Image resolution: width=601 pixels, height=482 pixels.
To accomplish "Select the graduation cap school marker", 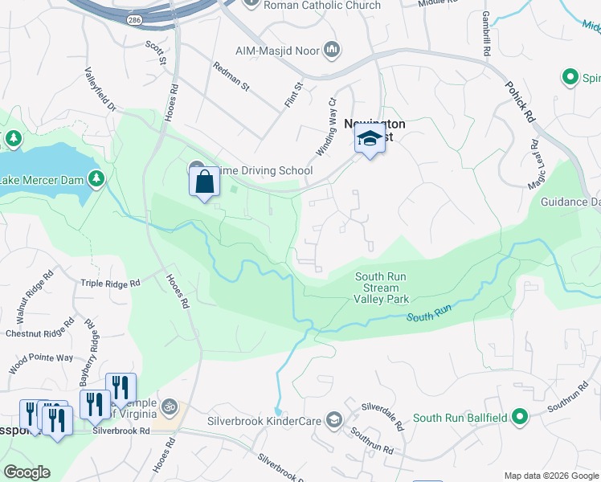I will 370,141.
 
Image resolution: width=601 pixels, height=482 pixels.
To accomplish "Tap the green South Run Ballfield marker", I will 520,417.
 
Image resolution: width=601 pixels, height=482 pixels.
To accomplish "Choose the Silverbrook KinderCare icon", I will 333,420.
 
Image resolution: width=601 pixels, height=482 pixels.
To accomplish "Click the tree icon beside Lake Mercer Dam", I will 96,178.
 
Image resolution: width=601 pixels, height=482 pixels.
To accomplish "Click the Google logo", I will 27,472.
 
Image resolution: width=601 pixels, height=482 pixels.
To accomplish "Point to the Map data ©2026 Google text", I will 551,476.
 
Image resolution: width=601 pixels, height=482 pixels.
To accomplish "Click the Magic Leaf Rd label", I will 535,165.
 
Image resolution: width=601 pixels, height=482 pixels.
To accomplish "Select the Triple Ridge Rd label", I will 111,284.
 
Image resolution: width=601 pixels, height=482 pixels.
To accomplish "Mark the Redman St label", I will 231,76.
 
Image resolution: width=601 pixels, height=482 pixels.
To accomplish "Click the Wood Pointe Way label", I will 42,358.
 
